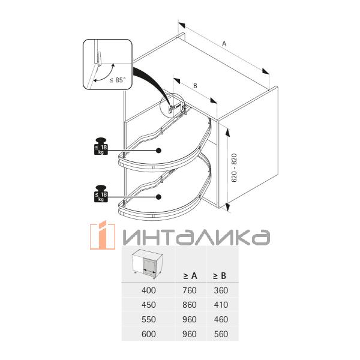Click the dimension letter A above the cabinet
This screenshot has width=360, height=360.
point(224,44)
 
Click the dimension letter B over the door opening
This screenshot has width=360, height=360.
point(195,86)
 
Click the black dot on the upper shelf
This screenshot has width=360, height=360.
point(158,151)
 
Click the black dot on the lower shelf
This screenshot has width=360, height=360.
point(158,197)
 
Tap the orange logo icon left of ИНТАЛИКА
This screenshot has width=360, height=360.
point(103,235)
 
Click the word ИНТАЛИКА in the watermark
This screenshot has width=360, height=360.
point(194,237)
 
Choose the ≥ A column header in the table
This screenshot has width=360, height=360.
point(190,276)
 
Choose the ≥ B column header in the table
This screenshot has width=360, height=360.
point(220,276)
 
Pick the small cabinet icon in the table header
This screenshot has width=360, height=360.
point(147,263)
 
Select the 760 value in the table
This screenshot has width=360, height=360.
point(190,290)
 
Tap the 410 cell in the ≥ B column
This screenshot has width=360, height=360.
point(220,305)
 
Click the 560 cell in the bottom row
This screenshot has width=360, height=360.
point(220,335)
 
